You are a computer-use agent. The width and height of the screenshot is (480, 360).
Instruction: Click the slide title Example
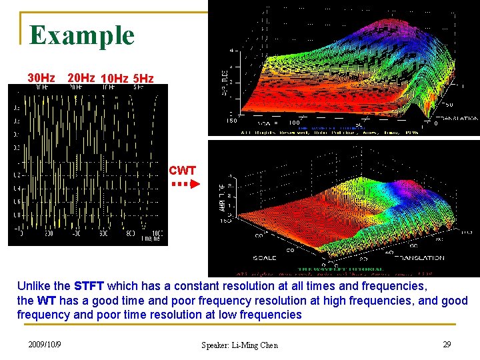pyautogui.click(x=82, y=35)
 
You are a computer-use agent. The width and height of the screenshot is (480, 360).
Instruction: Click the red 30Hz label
pyautogui.click(x=41, y=78)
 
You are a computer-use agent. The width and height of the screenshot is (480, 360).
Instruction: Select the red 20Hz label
pyautogui.click(x=81, y=78)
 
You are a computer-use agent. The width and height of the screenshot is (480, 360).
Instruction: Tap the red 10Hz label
pyautogui.click(x=114, y=79)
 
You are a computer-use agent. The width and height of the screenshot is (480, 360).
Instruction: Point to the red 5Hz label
pyautogui.click(x=143, y=79)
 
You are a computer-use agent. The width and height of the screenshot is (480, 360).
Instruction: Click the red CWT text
pyautogui.click(x=182, y=171)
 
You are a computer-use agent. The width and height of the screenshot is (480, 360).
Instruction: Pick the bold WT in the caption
pyautogui.click(x=47, y=301)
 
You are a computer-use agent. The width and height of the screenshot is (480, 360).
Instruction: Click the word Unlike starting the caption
pyautogui.click(x=33, y=286)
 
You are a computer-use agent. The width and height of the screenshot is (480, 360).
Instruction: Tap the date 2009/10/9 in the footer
pyautogui.click(x=45, y=344)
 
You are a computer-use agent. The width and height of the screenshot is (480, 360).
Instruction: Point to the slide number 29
pyautogui.click(x=447, y=344)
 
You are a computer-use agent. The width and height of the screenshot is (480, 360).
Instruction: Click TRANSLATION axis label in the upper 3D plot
pyautogui.click(x=457, y=117)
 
